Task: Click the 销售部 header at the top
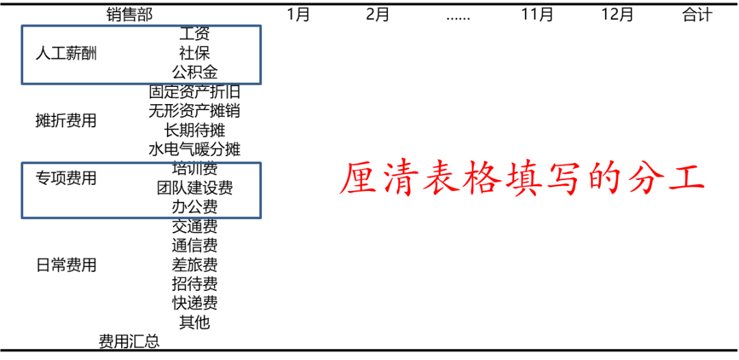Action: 129,14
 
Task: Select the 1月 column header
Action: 298,14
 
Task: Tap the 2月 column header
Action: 378,14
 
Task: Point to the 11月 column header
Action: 537,14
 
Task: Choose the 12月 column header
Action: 617,14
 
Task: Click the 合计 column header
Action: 697,14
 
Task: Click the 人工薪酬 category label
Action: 66,54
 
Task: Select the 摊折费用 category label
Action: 66,121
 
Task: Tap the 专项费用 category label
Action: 66,179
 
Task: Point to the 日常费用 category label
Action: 66,265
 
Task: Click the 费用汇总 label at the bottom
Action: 129,342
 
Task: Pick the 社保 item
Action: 194,53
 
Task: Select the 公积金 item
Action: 194,72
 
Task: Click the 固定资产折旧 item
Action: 194,91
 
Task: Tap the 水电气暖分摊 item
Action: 194,149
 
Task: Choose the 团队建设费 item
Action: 194,188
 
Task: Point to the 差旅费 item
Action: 194,265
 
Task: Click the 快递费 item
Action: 194,303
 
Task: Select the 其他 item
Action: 194,322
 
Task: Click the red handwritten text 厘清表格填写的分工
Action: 522,179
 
